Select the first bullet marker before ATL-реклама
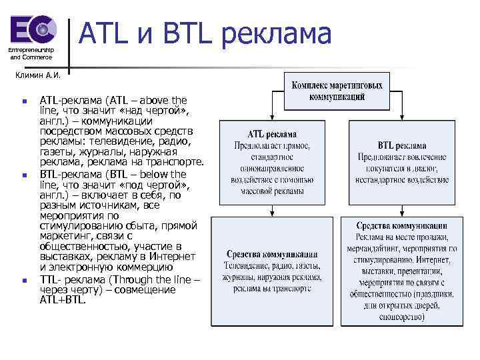[24, 102]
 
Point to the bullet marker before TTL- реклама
[24, 281]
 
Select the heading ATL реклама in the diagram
[272, 134]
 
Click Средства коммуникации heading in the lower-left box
[272, 254]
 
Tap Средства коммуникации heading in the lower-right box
[401, 225]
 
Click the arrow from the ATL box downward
[272, 211]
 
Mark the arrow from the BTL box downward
[401, 210]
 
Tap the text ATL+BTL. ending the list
[63, 300]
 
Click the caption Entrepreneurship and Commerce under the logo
[31, 53]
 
